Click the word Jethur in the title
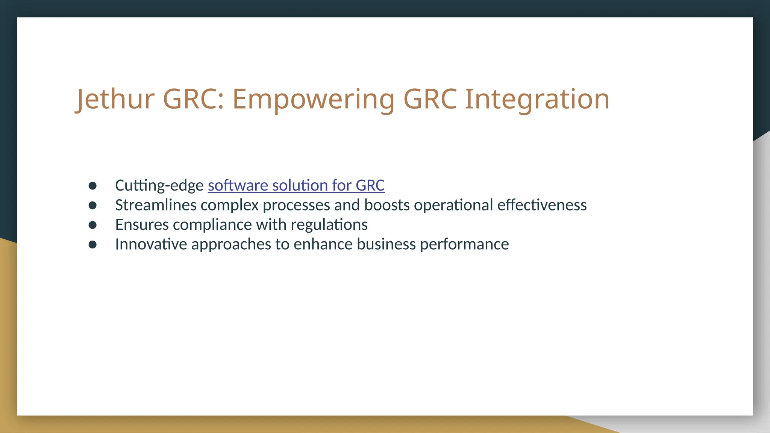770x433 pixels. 115,99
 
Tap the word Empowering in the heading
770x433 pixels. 313,99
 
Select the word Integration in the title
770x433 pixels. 537,99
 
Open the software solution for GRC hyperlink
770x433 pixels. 296,185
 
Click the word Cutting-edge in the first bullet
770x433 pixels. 159,185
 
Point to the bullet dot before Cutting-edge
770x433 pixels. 92,186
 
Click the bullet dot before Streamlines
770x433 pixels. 92,205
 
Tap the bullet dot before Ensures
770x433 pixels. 92,225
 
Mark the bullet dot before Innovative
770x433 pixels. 92,245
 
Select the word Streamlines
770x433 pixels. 156,205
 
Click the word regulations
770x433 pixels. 329,225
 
